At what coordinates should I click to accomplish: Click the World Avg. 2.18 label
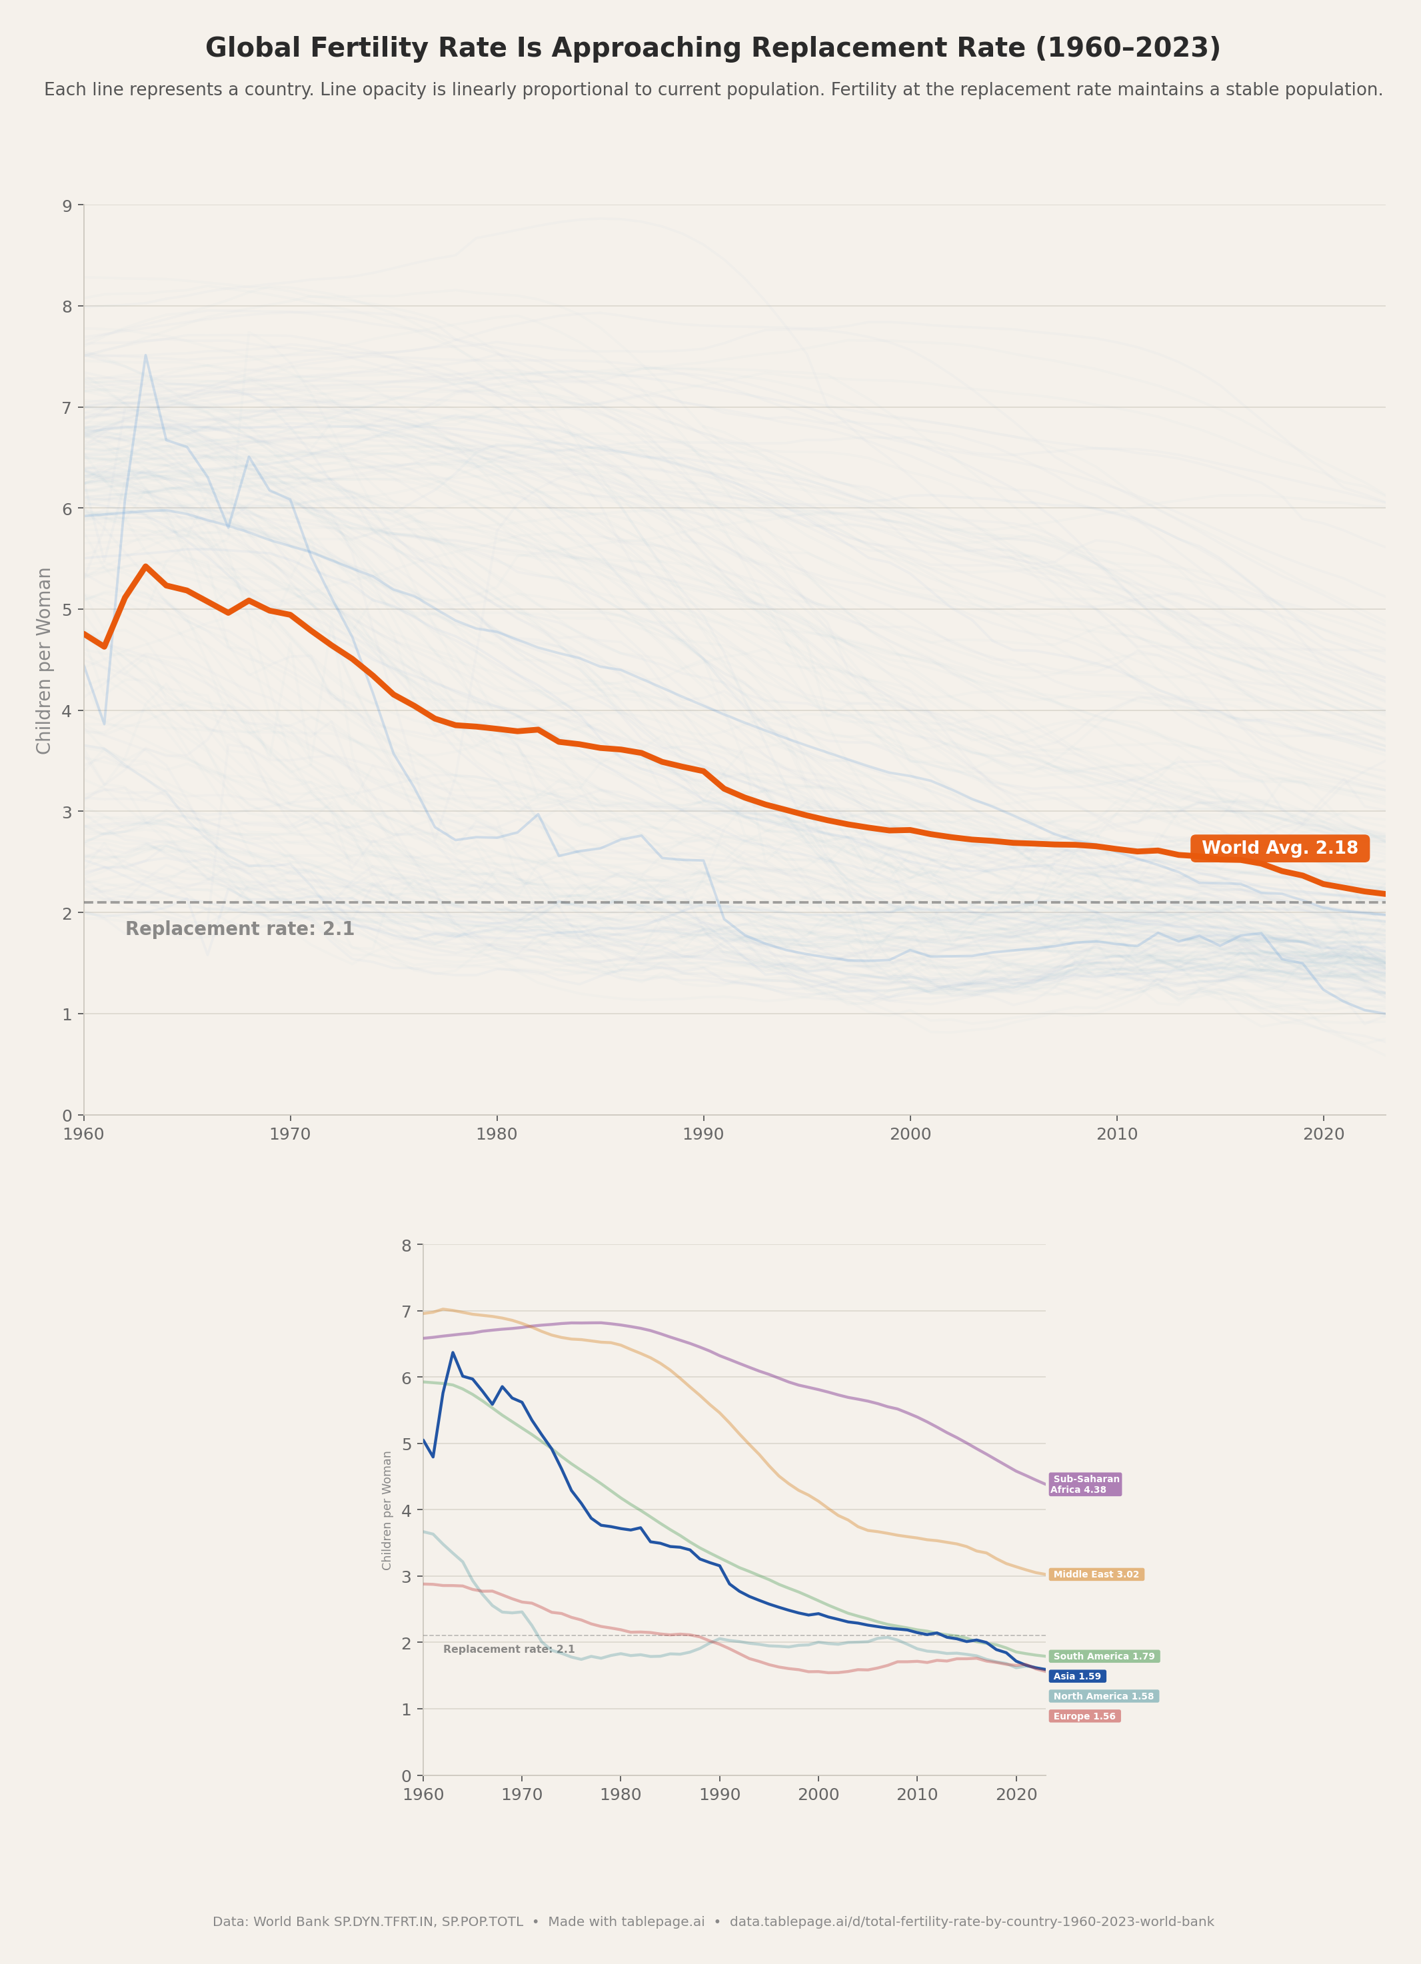pyautogui.click(x=1279, y=848)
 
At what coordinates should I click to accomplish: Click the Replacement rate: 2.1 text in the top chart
pyautogui.click(x=240, y=929)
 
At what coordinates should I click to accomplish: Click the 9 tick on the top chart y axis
pyautogui.click(x=67, y=205)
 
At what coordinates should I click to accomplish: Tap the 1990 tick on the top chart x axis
pyautogui.click(x=703, y=1134)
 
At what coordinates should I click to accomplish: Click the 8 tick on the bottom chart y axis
pyautogui.click(x=406, y=1246)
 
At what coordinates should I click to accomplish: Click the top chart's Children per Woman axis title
pyautogui.click(x=44, y=660)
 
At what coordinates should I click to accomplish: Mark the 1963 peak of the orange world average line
pyautogui.click(x=145, y=566)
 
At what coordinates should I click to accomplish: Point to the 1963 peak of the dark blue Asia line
pyautogui.click(x=453, y=1353)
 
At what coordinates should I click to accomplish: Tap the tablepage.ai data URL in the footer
pyautogui.click(x=972, y=1921)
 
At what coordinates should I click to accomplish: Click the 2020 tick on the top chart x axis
pyautogui.click(x=1323, y=1134)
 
